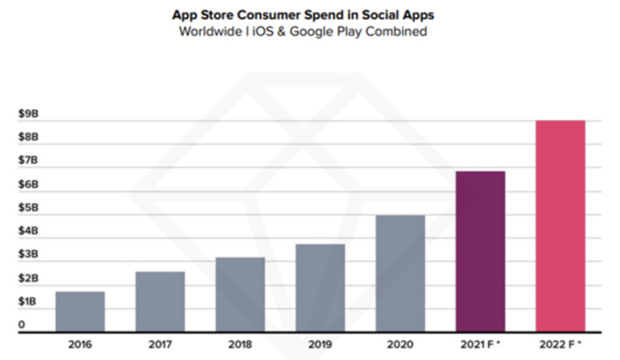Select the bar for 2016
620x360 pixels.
click(x=80, y=311)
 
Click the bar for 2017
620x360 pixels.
click(x=160, y=301)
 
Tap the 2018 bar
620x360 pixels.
click(x=240, y=294)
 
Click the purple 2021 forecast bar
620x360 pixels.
click(x=481, y=251)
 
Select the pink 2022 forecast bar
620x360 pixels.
click(x=561, y=226)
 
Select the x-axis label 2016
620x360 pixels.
click(x=80, y=344)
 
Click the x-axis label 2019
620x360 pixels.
click(x=320, y=344)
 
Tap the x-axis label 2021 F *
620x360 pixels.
click(x=481, y=344)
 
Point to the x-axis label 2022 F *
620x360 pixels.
click(x=561, y=344)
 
